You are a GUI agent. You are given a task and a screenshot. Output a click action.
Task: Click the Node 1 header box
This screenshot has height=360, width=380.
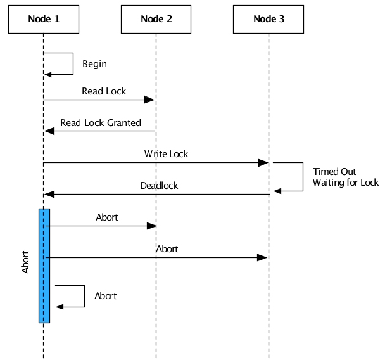coord(44,19)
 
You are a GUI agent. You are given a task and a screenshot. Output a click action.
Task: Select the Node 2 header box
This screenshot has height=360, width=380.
coord(156,19)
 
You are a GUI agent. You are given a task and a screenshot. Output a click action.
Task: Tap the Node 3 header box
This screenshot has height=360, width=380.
coord(269,19)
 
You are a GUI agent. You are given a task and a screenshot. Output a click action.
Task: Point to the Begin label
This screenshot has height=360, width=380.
coord(94,64)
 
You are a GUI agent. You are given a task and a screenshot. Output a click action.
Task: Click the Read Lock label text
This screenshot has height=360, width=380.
coord(104,91)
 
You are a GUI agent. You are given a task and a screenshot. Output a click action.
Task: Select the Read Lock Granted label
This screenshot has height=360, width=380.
coord(101,122)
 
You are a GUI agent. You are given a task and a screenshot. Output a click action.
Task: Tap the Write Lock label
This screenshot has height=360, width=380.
coord(166,154)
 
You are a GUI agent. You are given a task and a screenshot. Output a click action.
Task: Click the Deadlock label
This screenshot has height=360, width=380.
coord(159,186)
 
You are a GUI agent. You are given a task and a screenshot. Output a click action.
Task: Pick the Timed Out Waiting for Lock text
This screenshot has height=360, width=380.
coord(345,177)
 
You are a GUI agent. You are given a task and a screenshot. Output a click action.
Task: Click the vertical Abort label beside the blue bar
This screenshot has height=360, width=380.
coord(25,261)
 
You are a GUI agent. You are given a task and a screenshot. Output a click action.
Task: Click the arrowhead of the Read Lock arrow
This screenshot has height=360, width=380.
coord(150,100)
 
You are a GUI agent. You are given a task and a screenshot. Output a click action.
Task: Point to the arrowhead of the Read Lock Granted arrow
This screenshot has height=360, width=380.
coord(49,131)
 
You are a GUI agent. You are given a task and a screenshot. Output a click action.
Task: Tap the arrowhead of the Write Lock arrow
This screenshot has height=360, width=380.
coord(263,163)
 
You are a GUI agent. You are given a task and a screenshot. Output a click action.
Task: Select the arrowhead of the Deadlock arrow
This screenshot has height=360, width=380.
coord(49,194)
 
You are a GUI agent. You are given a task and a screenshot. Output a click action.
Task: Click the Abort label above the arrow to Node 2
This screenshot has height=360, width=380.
coord(107,217)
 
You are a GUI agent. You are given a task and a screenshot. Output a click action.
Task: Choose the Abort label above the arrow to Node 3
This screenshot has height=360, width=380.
coord(167,249)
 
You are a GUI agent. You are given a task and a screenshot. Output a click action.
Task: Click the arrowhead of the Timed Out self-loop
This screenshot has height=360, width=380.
coord(277,190)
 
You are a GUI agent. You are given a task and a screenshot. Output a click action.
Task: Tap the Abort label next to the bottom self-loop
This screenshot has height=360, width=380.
coord(106,296)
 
